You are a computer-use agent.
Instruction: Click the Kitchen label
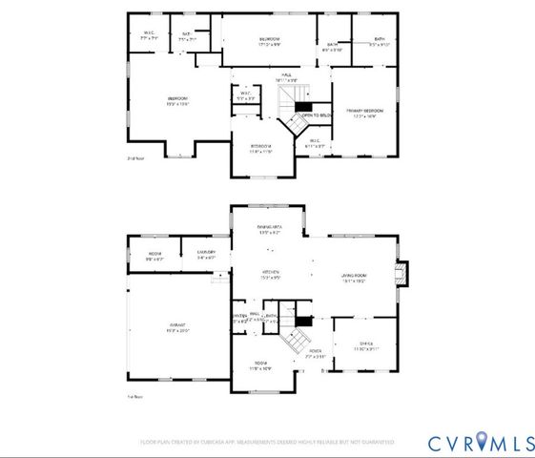(271, 274)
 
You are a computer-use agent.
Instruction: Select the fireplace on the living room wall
(401, 275)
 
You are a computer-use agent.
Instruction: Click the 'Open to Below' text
(316, 115)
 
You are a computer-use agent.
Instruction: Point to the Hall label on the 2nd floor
(285, 77)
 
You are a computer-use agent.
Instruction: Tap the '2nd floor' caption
(136, 158)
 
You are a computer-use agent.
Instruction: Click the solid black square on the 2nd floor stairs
(303, 106)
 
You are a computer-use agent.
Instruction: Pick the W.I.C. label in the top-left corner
(149, 35)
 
